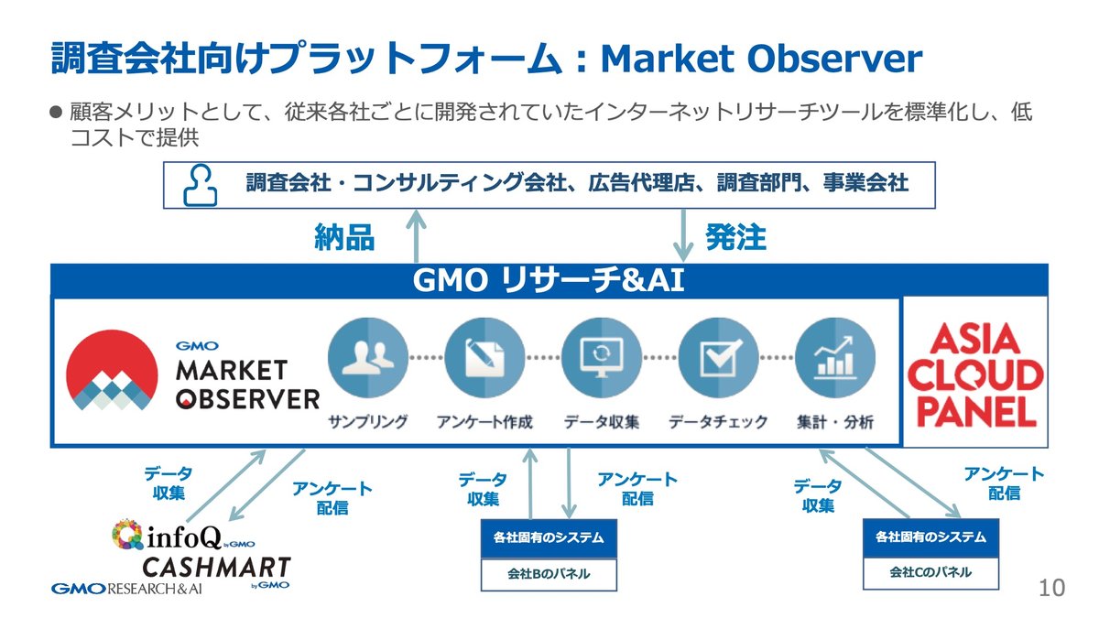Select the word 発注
point(735,238)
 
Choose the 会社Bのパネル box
point(549,575)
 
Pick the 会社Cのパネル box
point(930,572)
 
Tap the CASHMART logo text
point(216,567)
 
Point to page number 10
point(1052,588)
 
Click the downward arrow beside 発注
point(683,235)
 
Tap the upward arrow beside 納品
point(419,235)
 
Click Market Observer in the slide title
point(761,60)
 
